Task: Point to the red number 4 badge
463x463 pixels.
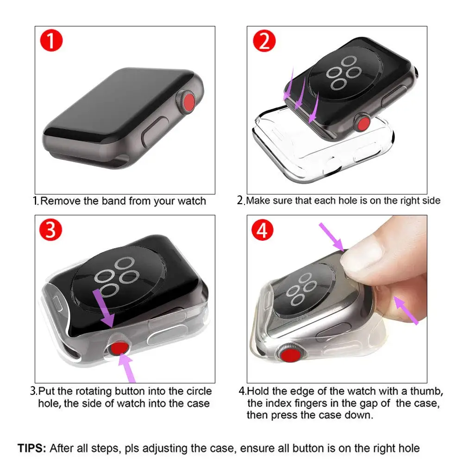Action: (x=262, y=231)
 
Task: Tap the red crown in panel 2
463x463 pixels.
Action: (x=363, y=123)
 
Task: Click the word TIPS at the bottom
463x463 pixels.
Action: (x=31, y=448)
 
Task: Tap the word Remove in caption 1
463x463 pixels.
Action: (x=60, y=201)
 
